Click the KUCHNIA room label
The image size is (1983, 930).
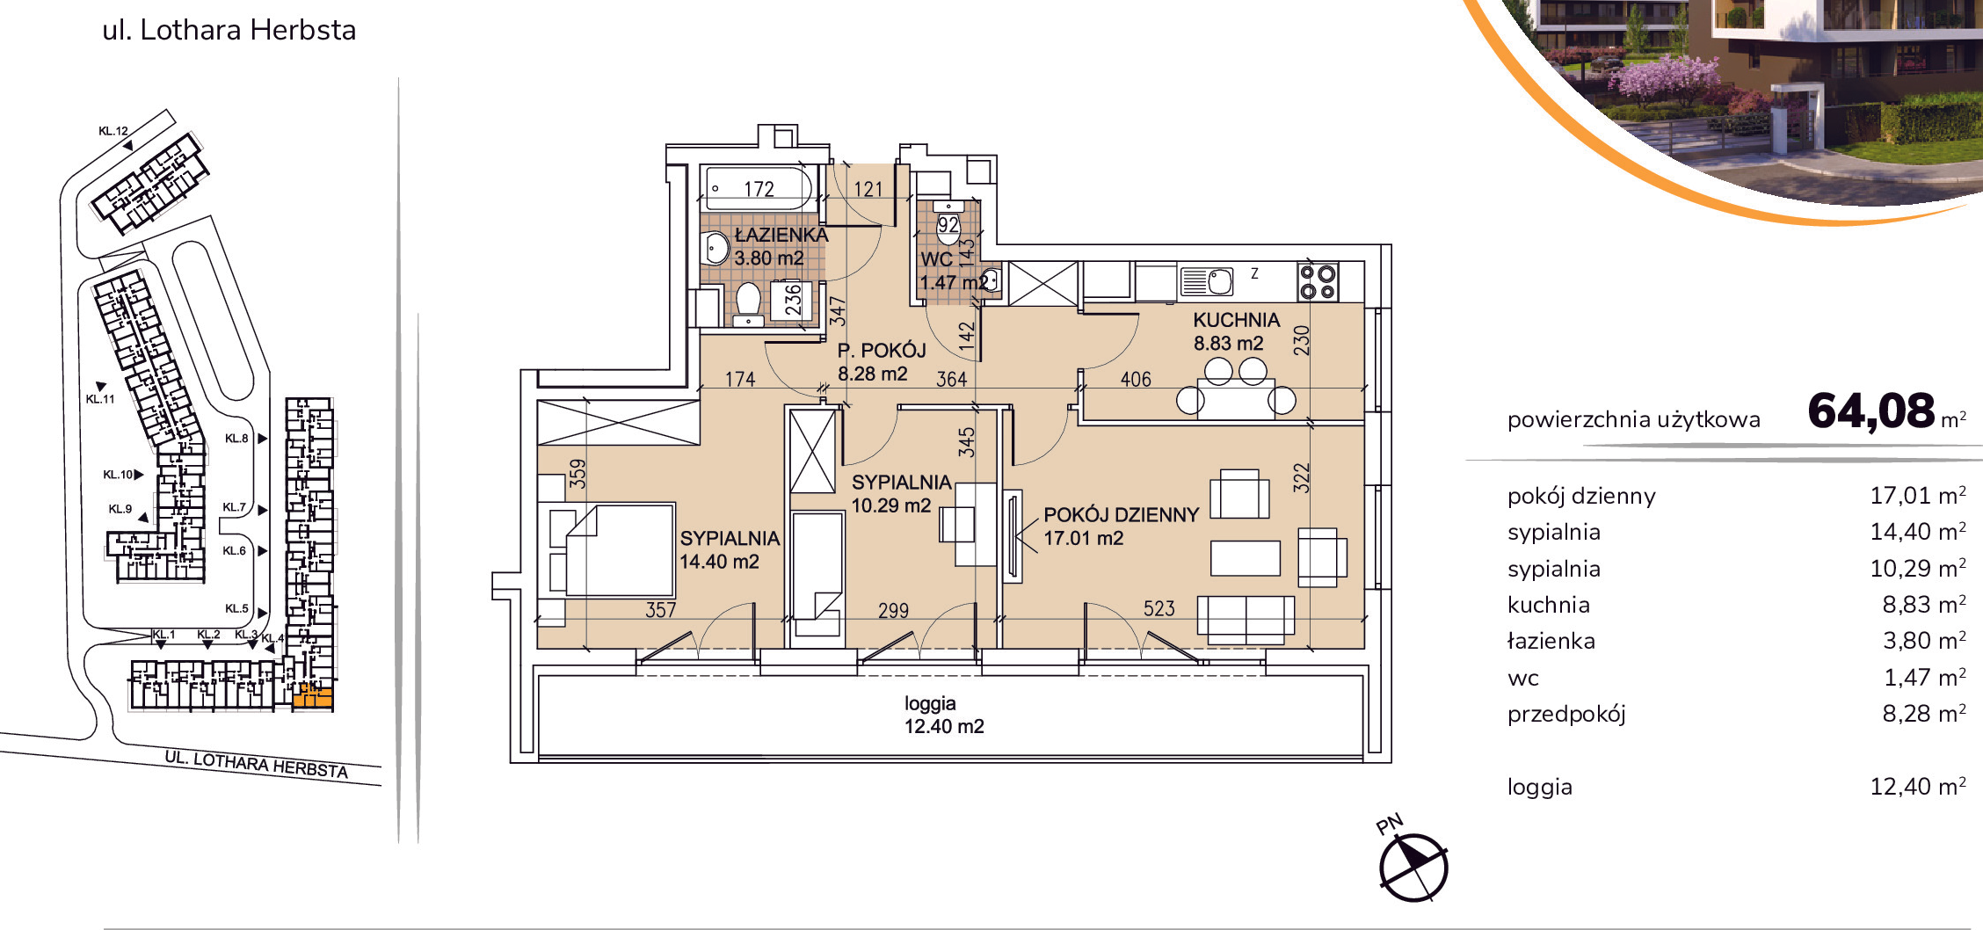click(x=1236, y=320)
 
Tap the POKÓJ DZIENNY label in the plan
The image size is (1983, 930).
click(x=1121, y=515)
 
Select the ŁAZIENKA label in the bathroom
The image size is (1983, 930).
click(x=781, y=235)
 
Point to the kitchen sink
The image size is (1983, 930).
click(x=1206, y=281)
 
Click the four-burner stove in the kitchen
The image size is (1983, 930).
click(x=1318, y=282)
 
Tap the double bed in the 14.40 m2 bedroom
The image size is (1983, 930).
click(x=619, y=551)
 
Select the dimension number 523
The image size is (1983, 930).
click(x=1159, y=608)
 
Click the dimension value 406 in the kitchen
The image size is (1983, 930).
click(x=1136, y=379)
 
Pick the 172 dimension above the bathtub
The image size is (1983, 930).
click(x=759, y=189)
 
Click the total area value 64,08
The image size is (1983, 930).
click(x=1871, y=411)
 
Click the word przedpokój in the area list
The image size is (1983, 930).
click(x=1566, y=715)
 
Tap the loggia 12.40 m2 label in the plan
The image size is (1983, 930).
click(x=944, y=715)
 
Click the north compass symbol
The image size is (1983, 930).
click(x=1413, y=868)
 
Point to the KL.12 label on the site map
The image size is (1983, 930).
click(x=113, y=131)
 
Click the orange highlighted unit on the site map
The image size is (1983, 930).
click(x=313, y=699)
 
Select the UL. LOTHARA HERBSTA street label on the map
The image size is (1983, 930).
click(x=257, y=765)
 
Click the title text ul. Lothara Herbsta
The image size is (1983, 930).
click(x=229, y=30)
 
